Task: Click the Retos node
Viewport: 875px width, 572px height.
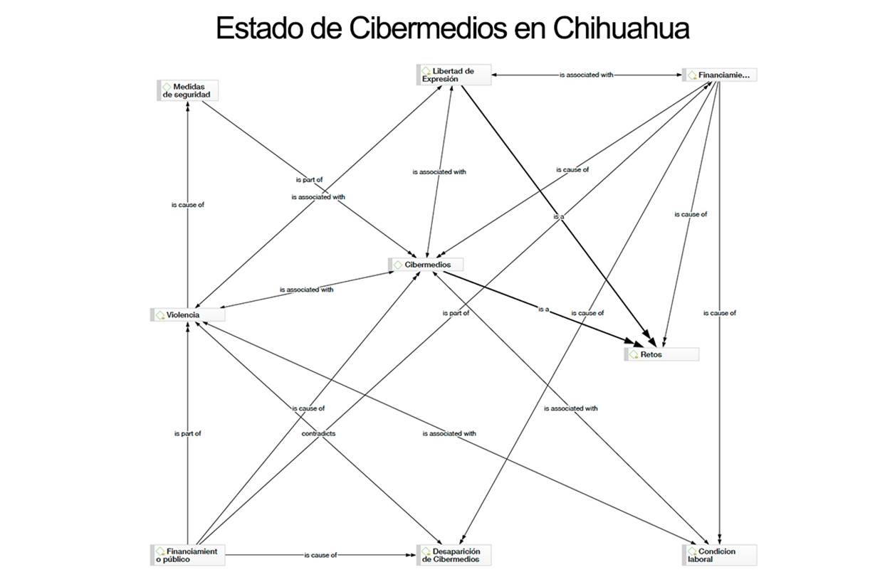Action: (661, 354)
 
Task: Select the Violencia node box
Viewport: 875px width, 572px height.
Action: (188, 314)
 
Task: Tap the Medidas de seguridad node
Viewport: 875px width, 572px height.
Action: (187, 90)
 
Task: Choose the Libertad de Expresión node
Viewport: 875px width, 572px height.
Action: (454, 75)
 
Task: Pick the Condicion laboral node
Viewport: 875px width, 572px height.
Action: (721, 555)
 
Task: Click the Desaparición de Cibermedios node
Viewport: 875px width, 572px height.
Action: (454, 555)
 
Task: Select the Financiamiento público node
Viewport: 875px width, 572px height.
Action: (188, 555)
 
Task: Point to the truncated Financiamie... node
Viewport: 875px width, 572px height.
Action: (720, 75)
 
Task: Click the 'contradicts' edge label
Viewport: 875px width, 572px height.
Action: (318, 433)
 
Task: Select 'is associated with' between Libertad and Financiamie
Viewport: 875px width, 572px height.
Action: (585, 74)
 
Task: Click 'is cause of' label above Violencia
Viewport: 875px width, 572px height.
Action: (187, 204)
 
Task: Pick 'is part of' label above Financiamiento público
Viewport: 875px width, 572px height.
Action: (187, 433)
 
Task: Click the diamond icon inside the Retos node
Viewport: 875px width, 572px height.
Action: (633, 354)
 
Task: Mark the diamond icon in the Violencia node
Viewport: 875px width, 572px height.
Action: (160, 314)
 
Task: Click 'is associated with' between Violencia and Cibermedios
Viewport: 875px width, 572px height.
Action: (306, 290)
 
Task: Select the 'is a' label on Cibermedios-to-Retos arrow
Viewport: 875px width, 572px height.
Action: (544, 309)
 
